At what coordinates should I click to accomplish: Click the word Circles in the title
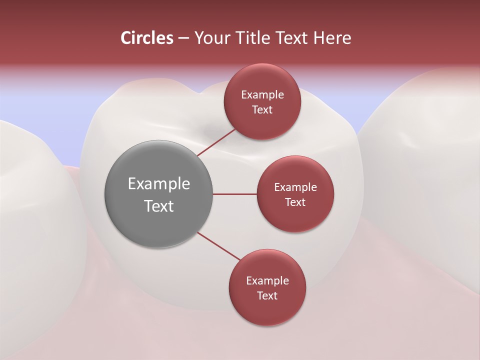146,38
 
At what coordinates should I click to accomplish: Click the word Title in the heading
250,38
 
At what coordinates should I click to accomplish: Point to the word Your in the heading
211,38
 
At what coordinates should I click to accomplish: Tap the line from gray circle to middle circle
235,194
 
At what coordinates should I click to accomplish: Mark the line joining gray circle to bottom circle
218,246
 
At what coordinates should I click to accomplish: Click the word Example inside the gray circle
159,184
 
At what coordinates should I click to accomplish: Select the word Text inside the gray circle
159,206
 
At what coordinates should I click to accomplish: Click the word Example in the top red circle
262,95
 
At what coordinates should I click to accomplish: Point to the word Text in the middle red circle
295,202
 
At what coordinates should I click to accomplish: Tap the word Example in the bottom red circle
267,281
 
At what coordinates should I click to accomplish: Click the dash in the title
183,38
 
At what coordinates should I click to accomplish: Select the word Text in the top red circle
262,109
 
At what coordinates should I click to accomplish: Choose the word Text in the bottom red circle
267,295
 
